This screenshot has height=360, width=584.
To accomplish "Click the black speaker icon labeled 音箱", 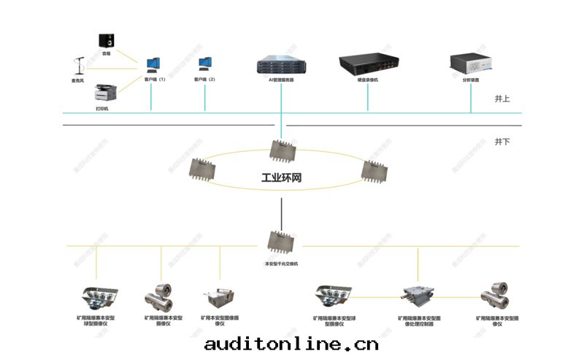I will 107,41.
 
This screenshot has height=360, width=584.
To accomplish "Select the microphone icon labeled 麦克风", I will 78,67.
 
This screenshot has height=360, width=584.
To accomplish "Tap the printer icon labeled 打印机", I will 102,93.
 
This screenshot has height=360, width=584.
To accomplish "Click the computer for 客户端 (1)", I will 154,65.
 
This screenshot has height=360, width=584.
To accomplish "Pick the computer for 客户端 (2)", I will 205,65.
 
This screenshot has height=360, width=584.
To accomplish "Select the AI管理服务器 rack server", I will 281,64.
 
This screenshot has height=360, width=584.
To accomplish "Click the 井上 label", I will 502,99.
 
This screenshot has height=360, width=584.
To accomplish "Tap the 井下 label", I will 502,140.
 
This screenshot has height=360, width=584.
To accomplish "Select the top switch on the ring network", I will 281,150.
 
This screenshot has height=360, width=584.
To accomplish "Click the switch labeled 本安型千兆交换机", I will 281,241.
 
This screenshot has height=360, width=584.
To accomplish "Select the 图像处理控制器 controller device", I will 416,296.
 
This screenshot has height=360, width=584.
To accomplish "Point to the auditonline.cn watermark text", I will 292,343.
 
